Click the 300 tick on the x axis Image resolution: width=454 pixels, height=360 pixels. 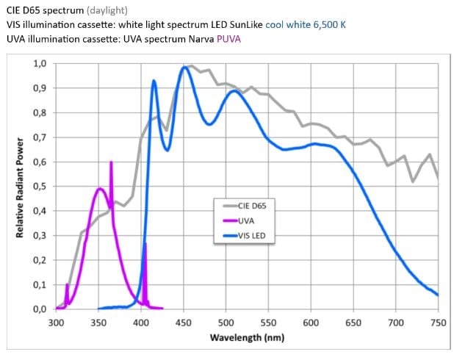(57, 322)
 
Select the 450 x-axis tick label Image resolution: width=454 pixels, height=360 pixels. (184, 322)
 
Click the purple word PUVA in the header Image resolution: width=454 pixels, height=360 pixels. (228, 37)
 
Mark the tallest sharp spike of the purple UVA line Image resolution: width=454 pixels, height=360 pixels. (111, 162)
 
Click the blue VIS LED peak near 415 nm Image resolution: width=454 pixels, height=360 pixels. (154, 81)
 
